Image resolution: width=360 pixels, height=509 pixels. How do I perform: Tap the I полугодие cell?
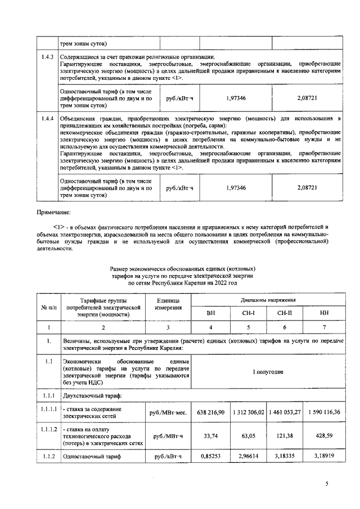click(x=267, y=372)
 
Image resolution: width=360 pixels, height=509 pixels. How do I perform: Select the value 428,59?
click(x=325, y=435)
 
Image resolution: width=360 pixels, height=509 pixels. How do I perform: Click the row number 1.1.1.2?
click(x=48, y=429)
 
